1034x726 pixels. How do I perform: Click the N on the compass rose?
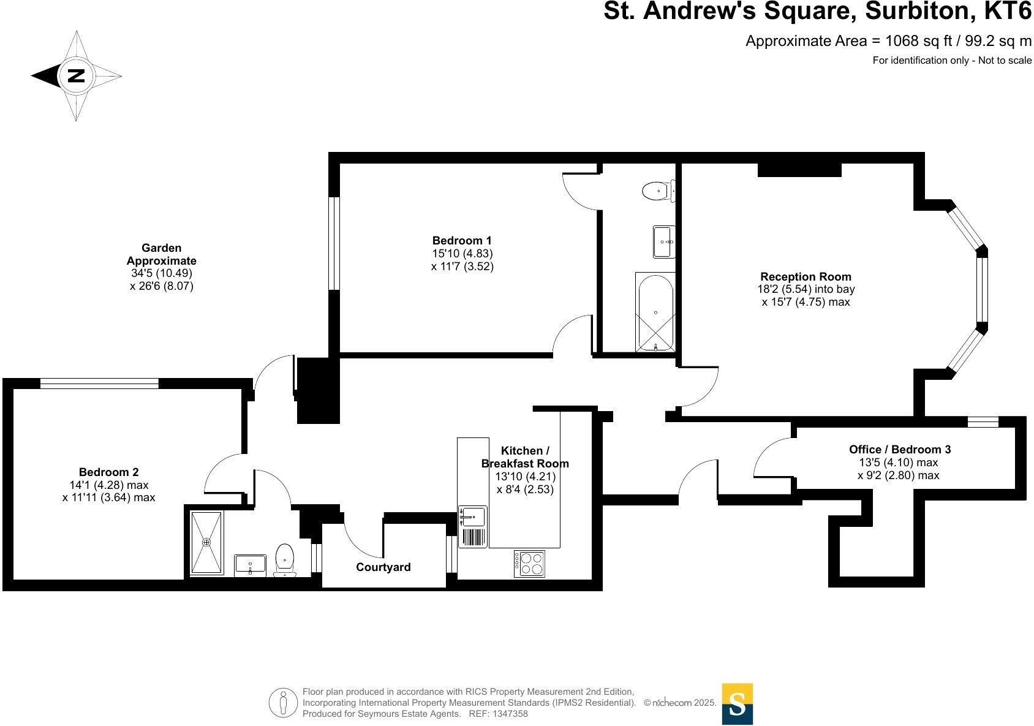click(76, 76)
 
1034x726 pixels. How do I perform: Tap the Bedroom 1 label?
click(462, 241)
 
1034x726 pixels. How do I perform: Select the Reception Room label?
click(806, 276)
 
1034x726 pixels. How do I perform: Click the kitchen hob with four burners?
click(529, 564)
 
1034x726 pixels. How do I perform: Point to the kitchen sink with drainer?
click(473, 527)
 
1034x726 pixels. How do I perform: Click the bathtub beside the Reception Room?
click(655, 312)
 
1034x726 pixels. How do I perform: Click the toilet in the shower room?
click(285, 559)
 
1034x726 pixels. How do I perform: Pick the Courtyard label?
click(383, 567)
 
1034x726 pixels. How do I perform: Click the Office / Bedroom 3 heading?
click(900, 449)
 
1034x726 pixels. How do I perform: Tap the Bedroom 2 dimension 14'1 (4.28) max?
click(109, 485)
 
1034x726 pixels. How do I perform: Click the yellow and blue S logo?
click(737, 704)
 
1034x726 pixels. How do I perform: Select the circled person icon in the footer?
click(282, 703)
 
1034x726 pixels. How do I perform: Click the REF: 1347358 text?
click(498, 714)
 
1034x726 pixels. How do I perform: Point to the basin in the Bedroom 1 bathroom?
click(664, 241)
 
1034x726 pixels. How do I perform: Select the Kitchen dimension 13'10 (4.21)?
click(525, 476)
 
